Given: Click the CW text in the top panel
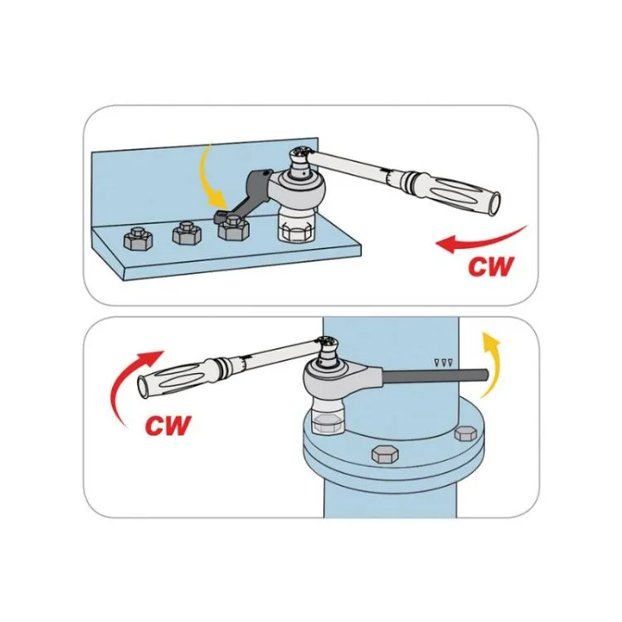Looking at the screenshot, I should click(490, 268).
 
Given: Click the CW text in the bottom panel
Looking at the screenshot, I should click(168, 425).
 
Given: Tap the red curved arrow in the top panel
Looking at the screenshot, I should click(480, 239).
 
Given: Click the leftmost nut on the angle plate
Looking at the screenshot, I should click(136, 241).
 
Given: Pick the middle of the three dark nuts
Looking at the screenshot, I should click(187, 234).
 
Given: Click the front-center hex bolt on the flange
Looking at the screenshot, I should click(385, 454).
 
